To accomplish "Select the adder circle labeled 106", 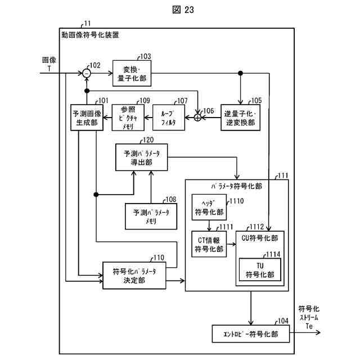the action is click(197, 118).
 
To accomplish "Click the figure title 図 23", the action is click(183, 10).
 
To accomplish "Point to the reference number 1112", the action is click(256, 227).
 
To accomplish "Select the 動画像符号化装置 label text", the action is click(90, 35).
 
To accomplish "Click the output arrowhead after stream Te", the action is click(318, 332).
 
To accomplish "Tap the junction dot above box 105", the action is click(240, 73).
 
